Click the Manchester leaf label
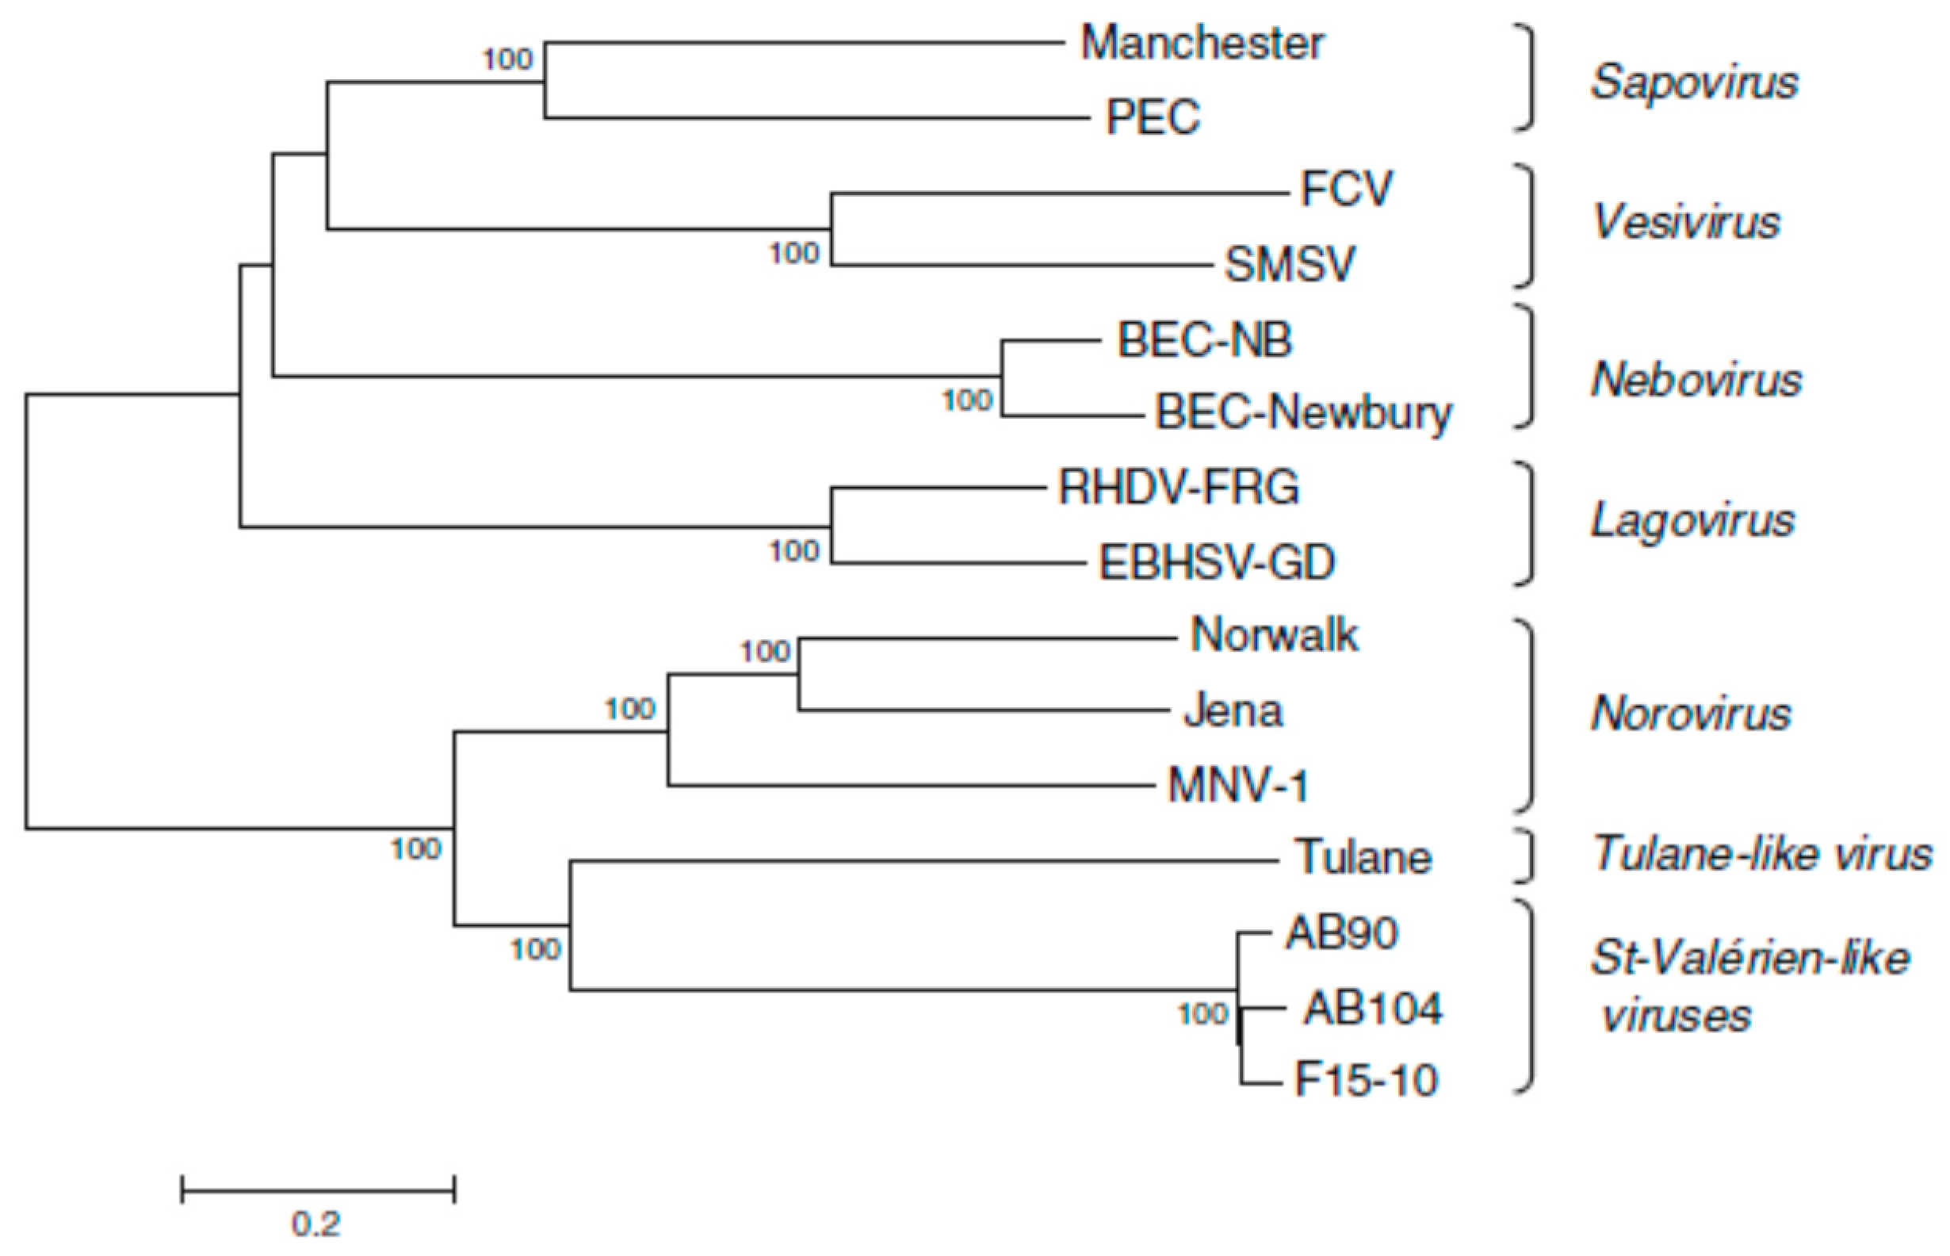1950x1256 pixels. (1202, 44)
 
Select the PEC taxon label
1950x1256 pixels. (1152, 117)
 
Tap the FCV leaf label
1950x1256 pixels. (1346, 190)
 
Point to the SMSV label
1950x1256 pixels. (1289, 264)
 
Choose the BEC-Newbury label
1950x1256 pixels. (1302, 412)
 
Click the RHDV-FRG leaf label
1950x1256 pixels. (1178, 488)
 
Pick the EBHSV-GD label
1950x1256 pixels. (1216, 563)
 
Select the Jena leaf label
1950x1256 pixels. (1233, 711)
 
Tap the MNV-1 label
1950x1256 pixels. (1237, 787)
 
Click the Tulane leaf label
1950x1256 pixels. (1363, 858)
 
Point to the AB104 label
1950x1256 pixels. (1373, 1009)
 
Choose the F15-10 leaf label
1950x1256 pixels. (1366, 1081)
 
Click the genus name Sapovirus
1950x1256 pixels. (1694, 82)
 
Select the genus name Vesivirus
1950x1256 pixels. (1686, 222)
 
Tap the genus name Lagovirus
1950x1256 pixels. (1692, 520)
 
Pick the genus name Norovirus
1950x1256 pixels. (1691, 714)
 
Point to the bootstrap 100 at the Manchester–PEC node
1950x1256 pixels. (508, 59)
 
